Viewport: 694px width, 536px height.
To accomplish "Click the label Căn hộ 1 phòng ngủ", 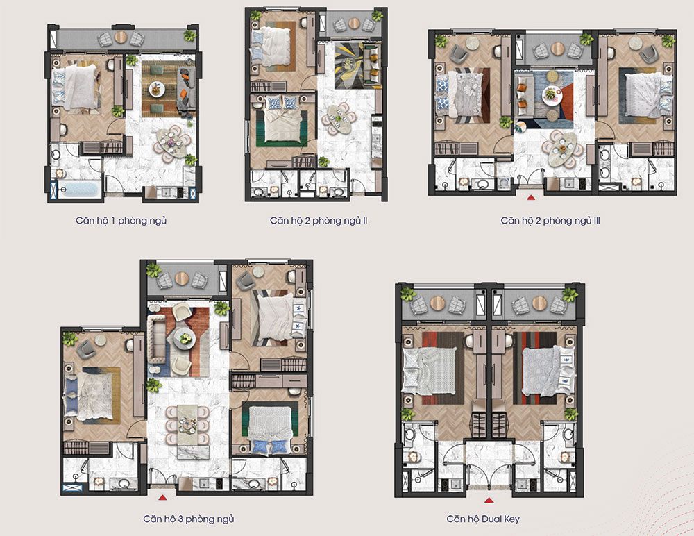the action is click(121, 221).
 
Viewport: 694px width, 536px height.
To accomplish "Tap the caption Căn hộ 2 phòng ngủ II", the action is click(319, 221).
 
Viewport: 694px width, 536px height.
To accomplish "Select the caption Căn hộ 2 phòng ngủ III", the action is click(550, 221).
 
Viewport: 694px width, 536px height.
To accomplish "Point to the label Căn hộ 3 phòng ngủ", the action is click(189, 519).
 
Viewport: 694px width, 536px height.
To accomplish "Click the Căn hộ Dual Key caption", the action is click(483, 519).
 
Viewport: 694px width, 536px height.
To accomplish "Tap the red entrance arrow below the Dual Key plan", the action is click(489, 501).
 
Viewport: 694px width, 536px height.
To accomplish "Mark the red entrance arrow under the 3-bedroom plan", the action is click(162, 497).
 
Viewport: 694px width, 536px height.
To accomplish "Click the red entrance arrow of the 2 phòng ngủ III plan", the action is click(531, 199).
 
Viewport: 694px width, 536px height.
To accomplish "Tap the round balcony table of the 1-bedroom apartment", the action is click(121, 37).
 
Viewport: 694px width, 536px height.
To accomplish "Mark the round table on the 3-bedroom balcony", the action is click(182, 278).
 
